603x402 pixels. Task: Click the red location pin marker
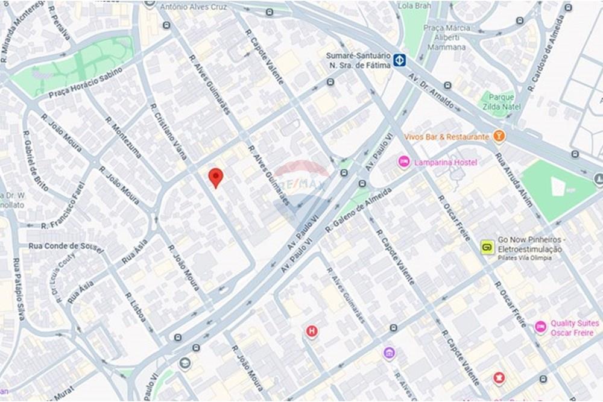coord(216,177)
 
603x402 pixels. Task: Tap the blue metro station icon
coord(400,60)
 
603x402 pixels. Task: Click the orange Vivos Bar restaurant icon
coord(499,136)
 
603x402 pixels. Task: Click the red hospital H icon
coord(311,331)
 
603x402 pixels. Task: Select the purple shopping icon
coord(390,353)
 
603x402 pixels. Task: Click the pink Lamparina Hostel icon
coord(403,162)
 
